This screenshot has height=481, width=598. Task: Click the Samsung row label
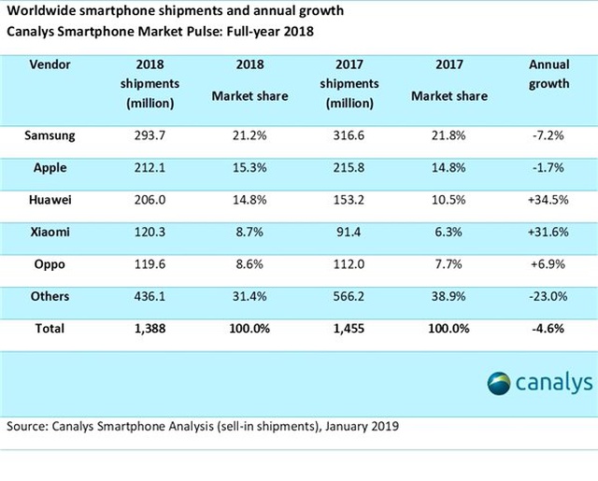50,135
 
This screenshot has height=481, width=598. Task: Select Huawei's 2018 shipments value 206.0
149,200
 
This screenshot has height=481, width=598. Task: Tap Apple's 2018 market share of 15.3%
249,168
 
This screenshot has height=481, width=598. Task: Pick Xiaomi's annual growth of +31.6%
548,233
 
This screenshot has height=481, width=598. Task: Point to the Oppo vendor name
50,264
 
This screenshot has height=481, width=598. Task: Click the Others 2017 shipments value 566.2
349,296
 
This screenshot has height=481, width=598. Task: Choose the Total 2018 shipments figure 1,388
149,329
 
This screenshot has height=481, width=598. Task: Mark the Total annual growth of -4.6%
548,329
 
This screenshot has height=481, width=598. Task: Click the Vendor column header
50,64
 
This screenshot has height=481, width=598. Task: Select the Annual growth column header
548,75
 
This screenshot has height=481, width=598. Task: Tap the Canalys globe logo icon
499,384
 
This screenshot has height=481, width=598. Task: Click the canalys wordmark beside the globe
554,383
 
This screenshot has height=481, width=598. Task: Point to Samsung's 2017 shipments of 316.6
349,135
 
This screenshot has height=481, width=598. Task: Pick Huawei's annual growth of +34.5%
548,200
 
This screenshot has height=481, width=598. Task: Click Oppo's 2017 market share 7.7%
448,264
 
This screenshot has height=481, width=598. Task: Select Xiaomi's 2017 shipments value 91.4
349,233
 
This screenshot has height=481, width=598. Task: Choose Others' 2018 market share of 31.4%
249,296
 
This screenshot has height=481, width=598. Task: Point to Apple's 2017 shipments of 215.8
349,168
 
